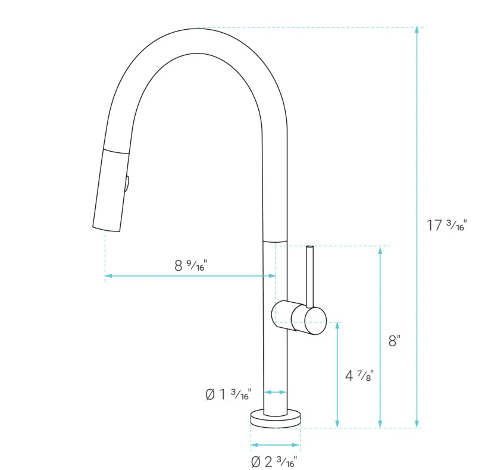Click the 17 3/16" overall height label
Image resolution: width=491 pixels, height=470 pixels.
(447, 225)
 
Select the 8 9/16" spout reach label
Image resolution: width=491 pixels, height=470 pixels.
(189, 265)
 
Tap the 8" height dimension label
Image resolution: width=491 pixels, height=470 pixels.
(395, 341)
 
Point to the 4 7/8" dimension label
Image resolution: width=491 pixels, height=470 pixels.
(359, 375)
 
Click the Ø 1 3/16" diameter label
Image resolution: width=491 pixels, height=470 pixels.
(229, 394)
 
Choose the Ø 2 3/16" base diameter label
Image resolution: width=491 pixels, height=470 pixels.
(274, 461)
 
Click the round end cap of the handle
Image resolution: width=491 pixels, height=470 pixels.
(315, 321)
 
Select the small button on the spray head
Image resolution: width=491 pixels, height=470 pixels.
(126, 183)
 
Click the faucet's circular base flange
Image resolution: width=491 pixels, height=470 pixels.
(276, 419)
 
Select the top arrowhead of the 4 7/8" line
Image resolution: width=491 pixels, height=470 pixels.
(337, 326)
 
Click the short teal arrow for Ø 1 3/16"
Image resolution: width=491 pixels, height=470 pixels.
(275, 392)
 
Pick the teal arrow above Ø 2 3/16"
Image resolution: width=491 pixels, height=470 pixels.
(275, 444)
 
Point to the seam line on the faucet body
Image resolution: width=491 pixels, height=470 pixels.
(275, 241)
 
